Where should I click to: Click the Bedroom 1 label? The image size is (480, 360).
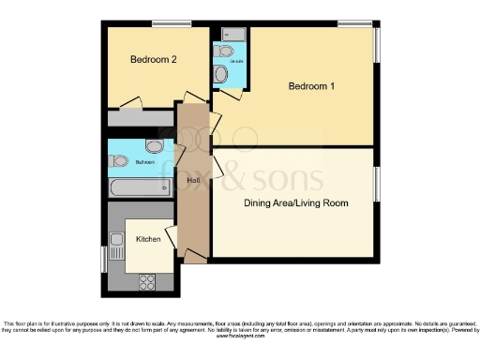(311, 87)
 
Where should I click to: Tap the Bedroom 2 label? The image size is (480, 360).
(153, 60)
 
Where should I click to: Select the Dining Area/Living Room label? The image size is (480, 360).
(295, 202)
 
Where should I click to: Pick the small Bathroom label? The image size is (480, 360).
(145, 162)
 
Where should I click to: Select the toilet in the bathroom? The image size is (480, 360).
(119, 161)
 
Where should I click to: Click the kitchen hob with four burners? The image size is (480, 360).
(147, 279)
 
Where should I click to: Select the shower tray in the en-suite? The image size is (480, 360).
(232, 36)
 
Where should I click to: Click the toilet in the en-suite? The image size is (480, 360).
(221, 73)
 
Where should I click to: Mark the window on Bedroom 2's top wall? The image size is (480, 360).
(165, 23)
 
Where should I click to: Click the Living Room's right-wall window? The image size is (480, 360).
(379, 183)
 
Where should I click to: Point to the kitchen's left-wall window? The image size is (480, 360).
(104, 258)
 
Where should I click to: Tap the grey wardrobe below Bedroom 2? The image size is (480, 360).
(141, 119)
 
